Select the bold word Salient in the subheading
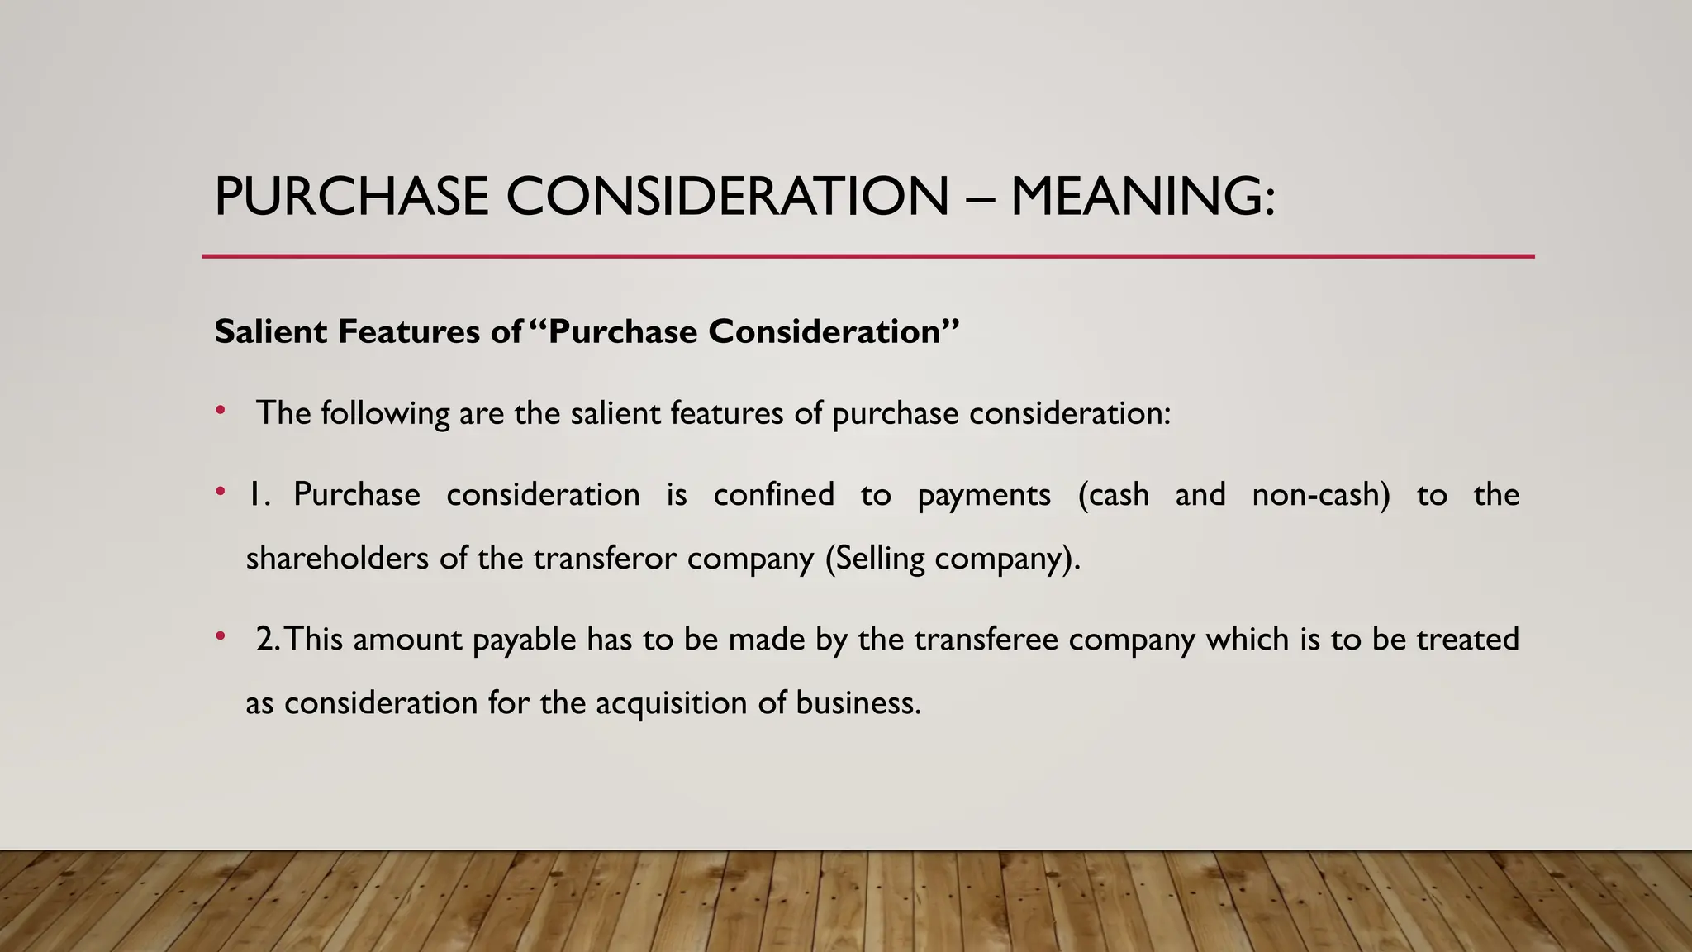(270, 331)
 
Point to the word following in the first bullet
(385, 413)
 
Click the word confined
(773, 494)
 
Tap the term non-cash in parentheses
(1321, 494)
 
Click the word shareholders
(338, 558)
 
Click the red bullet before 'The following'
(220, 410)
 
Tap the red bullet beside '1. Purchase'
(220, 493)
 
